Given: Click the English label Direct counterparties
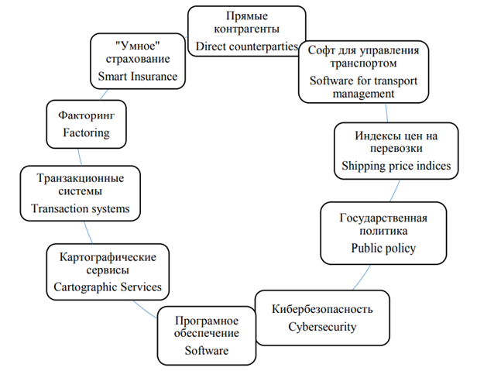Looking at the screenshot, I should pos(246,47).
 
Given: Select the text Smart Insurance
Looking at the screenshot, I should pos(137,76).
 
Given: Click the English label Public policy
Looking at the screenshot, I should pos(383,249).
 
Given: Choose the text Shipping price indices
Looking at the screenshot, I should pos(396,166).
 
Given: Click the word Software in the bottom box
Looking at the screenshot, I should pos(207,351).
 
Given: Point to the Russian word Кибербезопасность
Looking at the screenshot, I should pos(324,309).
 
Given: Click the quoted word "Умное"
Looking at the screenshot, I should pos(136,43).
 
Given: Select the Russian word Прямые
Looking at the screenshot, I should pos(245,15).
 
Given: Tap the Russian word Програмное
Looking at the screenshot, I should pos(205,321).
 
